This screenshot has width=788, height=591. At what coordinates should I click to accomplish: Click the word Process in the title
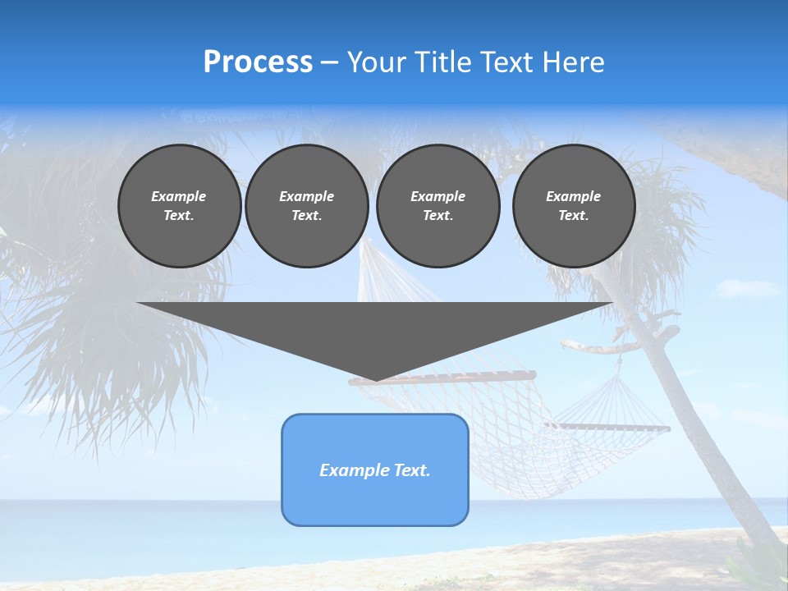(x=258, y=62)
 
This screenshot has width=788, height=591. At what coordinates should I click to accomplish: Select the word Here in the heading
(x=572, y=62)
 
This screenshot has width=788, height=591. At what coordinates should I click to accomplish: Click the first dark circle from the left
(x=180, y=206)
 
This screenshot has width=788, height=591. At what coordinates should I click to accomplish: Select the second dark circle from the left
(x=307, y=206)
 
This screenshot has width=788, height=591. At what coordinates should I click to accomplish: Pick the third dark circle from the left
(x=438, y=206)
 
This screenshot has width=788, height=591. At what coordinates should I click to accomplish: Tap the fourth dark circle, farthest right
(x=574, y=206)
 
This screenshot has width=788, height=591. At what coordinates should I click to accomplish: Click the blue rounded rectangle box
(x=375, y=492)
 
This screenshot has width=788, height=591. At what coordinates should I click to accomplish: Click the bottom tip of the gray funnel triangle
(x=376, y=378)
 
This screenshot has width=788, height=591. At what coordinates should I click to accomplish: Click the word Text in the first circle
(x=178, y=216)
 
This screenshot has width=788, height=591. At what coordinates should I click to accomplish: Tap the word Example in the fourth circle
(x=574, y=196)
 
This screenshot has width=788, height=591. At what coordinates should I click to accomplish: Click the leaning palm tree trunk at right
(x=698, y=427)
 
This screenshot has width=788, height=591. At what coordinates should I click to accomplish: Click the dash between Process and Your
(x=330, y=62)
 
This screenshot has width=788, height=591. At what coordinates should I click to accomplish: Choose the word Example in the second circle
(x=307, y=196)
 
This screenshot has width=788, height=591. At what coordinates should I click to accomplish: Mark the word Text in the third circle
(x=438, y=216)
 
